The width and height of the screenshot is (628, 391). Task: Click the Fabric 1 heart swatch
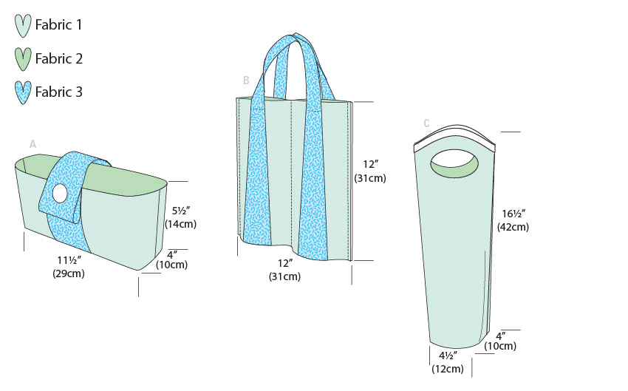pyautogui.click(x=23, y=26)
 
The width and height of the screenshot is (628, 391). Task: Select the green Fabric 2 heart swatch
pyautogui.click(x=23, y=59)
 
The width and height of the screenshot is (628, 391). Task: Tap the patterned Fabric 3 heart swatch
pyautogui.click(x=23, y=92)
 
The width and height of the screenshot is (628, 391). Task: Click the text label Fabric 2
pyautogui.click(x=59, y=59)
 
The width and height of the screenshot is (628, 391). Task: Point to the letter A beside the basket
pyautogui.click(x=33, y=144)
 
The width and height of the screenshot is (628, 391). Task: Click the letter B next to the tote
pyautogui.click(x=246, y=81)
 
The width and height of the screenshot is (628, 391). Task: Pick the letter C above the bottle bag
pyautogui.click(x=426, y=123)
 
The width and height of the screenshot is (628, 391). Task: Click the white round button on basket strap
pyautogui.click(x=61, y=194)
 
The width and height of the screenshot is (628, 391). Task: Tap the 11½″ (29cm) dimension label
pyautogui.click(x=69, y=267)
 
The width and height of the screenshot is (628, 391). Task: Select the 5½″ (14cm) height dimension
pyautogui.click(x=180, y=217)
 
